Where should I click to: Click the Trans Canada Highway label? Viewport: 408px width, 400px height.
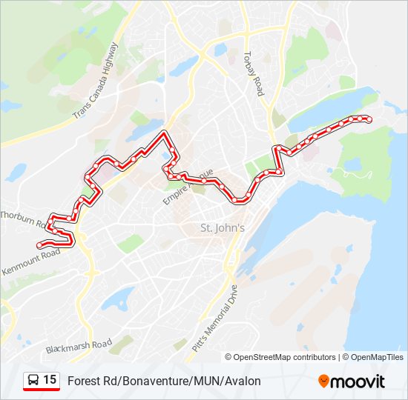pyautogui.click(x=96, y=81)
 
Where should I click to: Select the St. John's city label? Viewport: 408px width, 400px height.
pyautogui.click(x=223, y=228)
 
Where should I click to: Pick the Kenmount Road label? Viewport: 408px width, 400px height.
pyautogui.click(x=30, y=264)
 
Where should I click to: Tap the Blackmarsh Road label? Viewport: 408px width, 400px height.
pyautogui.click(x=79, y=345)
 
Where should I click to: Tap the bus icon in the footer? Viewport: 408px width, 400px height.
pyautogui.click(x=33, y=381)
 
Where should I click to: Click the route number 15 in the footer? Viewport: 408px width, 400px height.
pyautogui.click(x=50, y=380)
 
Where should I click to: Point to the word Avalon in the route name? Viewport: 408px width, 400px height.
pyautogui.click(x=243, y=381)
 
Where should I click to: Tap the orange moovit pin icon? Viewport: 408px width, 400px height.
pyautogui.click(x=323, y=381)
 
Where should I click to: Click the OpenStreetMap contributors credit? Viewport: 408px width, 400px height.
pyautogui.click(x=285, y=357)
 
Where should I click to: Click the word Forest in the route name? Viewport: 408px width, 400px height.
pyautogui.click(x=82, y=381)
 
